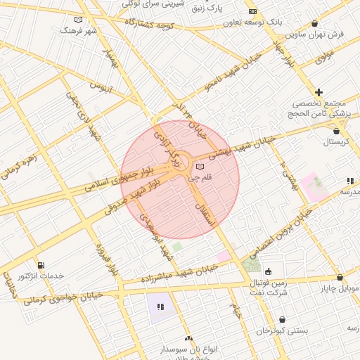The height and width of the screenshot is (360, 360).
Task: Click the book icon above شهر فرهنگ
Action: point(77,20)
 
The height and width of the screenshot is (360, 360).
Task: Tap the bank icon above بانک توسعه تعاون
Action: point(252,12)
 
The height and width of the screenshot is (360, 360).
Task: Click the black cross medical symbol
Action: point(319,92)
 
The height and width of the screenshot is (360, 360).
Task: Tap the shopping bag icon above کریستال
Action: point(335,130)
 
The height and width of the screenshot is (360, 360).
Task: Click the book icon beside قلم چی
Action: point(201,167)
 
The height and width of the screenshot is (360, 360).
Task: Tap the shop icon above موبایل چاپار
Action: point(340,278)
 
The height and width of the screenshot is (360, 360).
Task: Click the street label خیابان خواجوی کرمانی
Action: point(63,297)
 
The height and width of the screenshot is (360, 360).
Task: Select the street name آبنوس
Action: point(102,88)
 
